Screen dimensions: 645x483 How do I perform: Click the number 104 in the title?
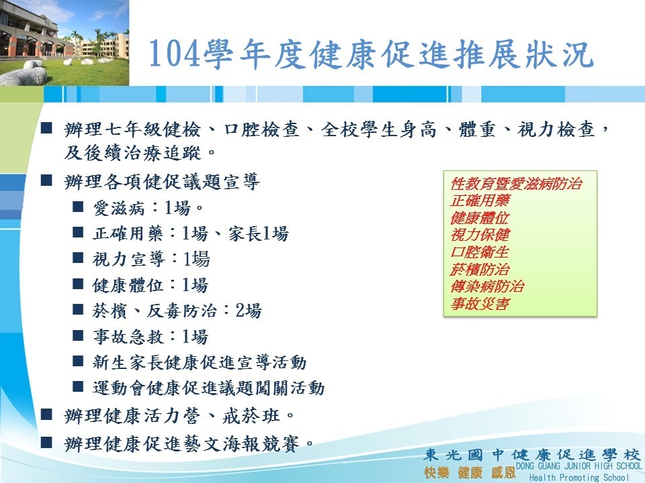[175, 54]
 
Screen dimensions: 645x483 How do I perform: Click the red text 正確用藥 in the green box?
[480, 201]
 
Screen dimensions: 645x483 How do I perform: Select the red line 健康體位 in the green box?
[480, 217]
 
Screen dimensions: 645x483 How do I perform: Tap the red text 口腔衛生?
[480, 252]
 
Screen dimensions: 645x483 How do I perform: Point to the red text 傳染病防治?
[488, 286]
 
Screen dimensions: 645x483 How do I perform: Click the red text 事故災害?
[480, 303]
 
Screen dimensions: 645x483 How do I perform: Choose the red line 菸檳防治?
[480, 269]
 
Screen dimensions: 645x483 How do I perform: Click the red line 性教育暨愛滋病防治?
[516, 183]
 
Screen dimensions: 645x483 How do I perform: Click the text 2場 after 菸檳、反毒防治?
[249, 311]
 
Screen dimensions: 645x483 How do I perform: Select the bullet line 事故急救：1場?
[150, 337]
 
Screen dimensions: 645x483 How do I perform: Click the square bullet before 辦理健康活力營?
[46, 415]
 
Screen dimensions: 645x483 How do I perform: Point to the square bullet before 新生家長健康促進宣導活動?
[78, 362]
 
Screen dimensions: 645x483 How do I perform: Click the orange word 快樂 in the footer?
[437, 472]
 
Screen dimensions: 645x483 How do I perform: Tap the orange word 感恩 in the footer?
[503, 472]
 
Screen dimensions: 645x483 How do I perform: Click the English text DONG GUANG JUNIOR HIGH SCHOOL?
[578, 466]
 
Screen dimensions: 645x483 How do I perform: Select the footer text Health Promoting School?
[578, 477]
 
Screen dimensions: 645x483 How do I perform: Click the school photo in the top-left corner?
[64, 43]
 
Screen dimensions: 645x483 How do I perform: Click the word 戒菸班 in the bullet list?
[251, 416]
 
